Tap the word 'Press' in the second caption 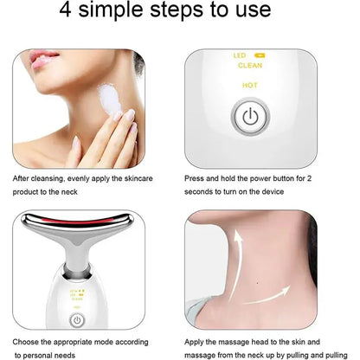[x=198, y=179]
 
